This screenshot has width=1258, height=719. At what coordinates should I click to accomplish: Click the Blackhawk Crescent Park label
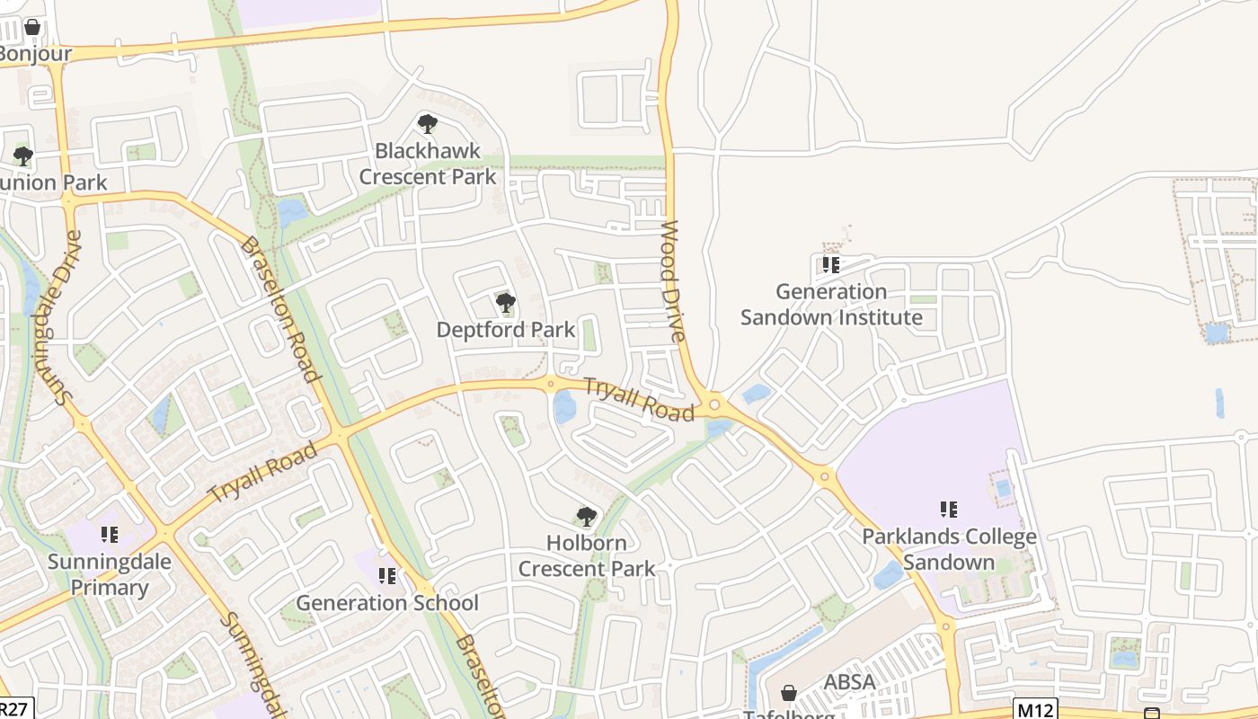click(x=428, y=164)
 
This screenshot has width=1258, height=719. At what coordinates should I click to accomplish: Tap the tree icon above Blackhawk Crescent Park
click(x=428, y=124)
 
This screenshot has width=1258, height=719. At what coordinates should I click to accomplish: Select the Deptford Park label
click(x=505, y=330)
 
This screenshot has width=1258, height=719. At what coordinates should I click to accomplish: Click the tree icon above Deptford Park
click(x=506, y=303)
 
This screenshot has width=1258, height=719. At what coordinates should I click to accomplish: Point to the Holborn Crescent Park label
click(x=587, y=556)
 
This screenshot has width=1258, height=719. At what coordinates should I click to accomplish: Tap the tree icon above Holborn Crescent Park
click(x=587, y=517)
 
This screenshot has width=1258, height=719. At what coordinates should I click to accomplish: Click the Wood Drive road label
click(x=673, y=280)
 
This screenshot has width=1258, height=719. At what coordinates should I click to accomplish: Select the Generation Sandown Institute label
click(x=831, y=305)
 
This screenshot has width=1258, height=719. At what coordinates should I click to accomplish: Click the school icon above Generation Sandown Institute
click(x=831, y=265)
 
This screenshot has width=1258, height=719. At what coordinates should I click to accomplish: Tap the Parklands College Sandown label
click(x=949, y=549)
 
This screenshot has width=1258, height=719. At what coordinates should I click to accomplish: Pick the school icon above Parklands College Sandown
click(x=949, y=510)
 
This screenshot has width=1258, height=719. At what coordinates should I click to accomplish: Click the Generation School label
click(x=387, y=603)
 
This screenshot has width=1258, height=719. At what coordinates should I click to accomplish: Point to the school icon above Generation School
click(x=387, y=576)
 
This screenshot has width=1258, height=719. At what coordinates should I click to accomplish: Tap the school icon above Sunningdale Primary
click(x=110, y=536)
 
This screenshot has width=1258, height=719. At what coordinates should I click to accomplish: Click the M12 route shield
click(x=1035, y=709)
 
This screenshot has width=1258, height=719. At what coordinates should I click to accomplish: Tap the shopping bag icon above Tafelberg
click(x=789, y=693)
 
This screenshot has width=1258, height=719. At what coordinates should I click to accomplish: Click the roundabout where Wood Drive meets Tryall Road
click(x=714, y=404)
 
